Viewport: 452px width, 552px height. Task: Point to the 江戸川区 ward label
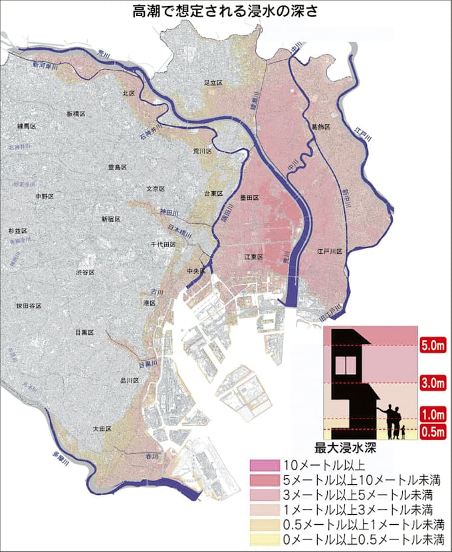pyautogui.click(x=329, y=252)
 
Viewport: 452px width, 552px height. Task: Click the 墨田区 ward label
pyautogui.click(x=249, y=197)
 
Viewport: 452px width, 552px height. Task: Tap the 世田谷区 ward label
pyautogui.click(x=29, y=306)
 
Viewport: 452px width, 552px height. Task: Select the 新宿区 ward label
pyautogui.click(x=111, y=219)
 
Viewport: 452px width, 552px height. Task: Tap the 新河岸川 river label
pyautogui.click(x=45, y=66)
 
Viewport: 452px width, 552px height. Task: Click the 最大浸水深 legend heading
pyautogui.click(x=353, y=448)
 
